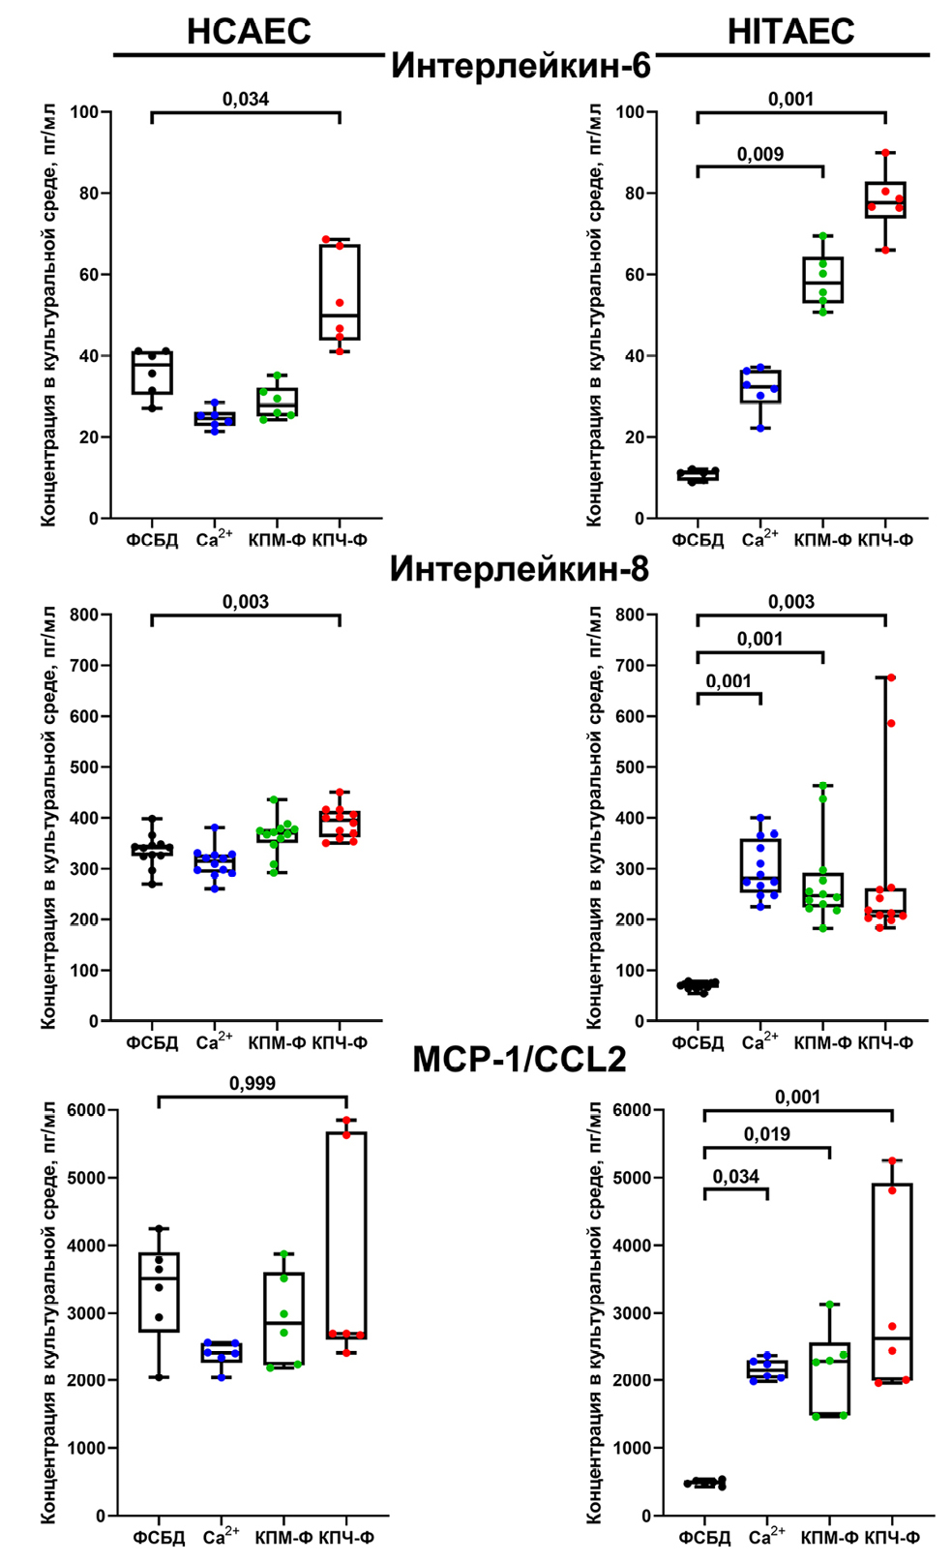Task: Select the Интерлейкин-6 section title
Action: [x=521, y=66]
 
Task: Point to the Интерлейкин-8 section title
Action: [x=520, y=569]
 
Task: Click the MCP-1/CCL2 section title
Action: [x=520, y=1060]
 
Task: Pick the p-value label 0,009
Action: [x=760, y=154]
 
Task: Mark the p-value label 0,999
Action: [x=253, y=1083]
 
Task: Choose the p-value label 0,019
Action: [x=767, y=1133]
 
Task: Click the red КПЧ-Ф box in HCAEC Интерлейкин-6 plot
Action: [x=340, y=291]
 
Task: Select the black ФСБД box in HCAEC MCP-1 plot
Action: [x=159, y=1292]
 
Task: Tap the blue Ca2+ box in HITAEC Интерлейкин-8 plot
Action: [x=760, y=865]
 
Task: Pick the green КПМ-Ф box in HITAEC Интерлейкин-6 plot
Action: [x=823, y=280]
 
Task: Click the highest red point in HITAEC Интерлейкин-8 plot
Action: [x=891, y=677]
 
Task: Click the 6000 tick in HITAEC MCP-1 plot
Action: [x=633, y=1110]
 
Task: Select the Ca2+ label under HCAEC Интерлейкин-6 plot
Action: [x=214, y=539]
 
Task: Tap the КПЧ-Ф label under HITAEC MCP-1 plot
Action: [x=892, y=1537]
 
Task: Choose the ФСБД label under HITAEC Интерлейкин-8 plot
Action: [x=698, y=1042]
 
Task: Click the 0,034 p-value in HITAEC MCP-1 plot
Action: [x=736, y=1176]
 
